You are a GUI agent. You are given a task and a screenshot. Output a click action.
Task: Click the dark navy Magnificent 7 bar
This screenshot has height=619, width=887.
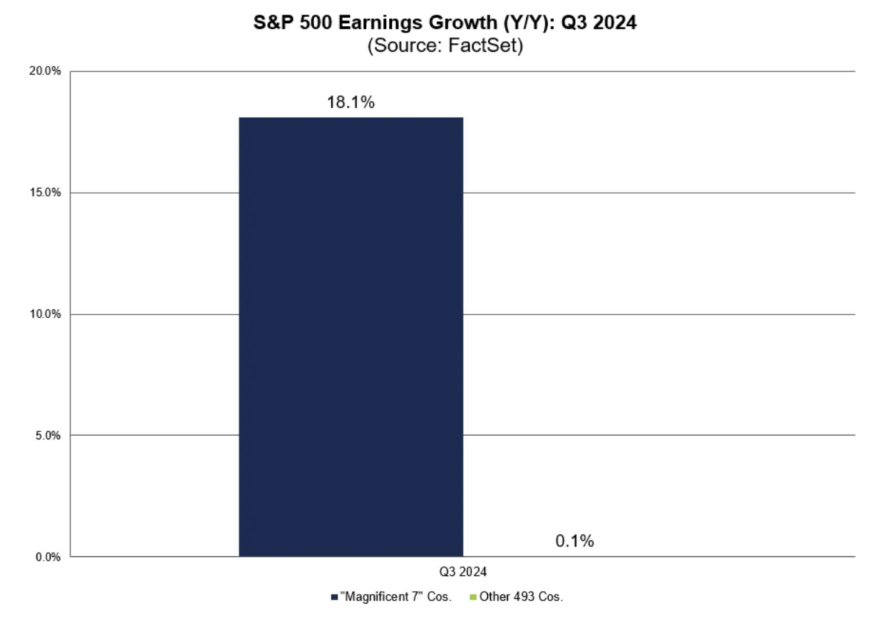[x=350, y=336]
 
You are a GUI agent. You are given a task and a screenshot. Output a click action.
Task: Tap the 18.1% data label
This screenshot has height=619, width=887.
[x=350, y=103]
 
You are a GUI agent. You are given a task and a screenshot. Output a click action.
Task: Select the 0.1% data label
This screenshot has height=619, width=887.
[x=574, y=541]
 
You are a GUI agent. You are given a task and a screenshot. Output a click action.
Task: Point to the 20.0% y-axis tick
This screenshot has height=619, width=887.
[x=45, y=72]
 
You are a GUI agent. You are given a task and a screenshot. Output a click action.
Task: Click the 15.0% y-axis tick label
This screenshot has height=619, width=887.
[x=45, y=193]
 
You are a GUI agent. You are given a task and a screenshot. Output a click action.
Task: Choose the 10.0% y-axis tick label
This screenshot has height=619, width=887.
[x=45, y=314]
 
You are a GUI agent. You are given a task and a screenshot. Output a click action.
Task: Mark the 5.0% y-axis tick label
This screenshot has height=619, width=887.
[x=47, y=435]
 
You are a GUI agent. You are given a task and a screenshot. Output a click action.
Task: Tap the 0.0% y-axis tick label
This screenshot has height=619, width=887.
[x=47, y=556]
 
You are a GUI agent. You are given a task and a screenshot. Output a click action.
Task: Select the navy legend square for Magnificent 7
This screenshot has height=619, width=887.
[x=335, y=596]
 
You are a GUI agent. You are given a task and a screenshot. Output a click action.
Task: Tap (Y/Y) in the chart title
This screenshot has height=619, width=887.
[x=507, y=23]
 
